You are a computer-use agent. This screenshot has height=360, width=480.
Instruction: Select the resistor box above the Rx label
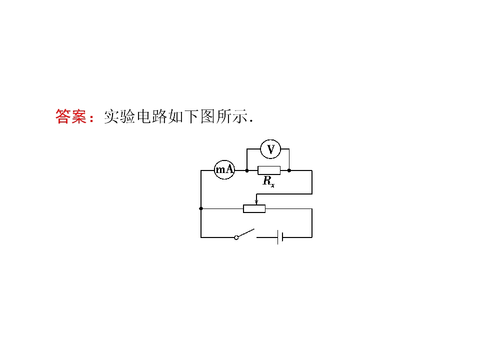[x=269, y=170]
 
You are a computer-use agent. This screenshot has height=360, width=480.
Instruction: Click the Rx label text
[x=269, y=181]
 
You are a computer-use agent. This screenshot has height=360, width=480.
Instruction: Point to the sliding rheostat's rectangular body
[x=254, y=208]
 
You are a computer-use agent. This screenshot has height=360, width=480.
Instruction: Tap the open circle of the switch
[x=236, y=237]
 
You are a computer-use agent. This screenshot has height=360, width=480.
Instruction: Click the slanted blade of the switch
[x=246, y=233]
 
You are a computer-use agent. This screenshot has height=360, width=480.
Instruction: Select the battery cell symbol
[x=280, y=237]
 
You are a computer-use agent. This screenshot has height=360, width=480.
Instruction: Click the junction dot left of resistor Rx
[x=247, y=170]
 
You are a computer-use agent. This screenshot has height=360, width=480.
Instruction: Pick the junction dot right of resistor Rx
[x=289, y=170]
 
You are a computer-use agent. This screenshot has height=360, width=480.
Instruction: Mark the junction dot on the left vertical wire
[x=201, y=208]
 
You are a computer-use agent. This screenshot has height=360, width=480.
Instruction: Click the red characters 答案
[x=71, y=116]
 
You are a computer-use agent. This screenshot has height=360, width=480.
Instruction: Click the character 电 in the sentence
[x=144, y=116]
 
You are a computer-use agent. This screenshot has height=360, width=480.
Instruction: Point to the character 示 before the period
[x=239, y=116]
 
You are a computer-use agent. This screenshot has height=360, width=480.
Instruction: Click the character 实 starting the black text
[x=111, y=116]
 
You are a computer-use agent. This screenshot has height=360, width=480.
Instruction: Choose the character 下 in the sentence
[x=192, y=116]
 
